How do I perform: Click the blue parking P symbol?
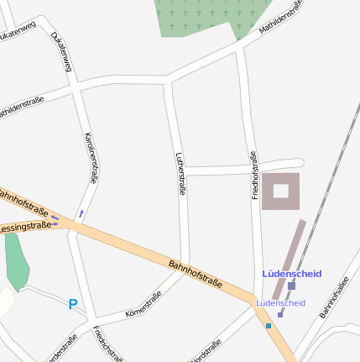tap(73, 305)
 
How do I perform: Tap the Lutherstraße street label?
tap(180, 174)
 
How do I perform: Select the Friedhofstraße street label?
tap(254, 174)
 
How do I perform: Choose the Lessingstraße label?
tap(25, 227)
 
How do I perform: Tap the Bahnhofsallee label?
tap(333, 301)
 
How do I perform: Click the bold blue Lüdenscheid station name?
tap(292, 274)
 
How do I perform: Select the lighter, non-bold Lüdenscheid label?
tap(281, 302)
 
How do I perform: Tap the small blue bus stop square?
tap(269, 325)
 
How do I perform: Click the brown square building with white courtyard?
tap(280, 191)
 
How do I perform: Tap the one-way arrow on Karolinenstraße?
tap(81, 214)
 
